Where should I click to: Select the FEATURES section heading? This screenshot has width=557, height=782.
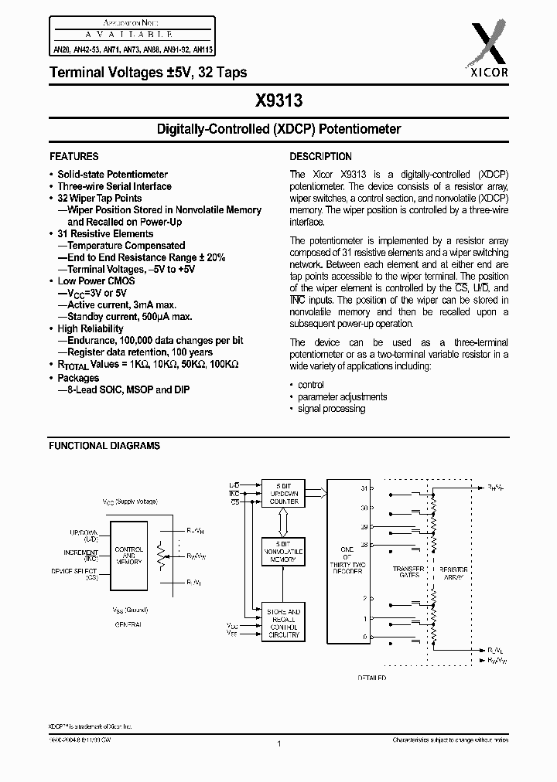pos(74,156)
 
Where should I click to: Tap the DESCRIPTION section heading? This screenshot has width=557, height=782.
pos(320,156)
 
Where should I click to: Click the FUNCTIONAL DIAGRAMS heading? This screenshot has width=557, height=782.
pos(104,446)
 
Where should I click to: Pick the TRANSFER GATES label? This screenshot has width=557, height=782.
pos(408,572)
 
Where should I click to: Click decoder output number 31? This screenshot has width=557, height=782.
pos(364,488)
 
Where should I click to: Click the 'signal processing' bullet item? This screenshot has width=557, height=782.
pos(331,409)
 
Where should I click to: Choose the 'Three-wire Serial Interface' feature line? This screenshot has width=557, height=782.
pos(114,186)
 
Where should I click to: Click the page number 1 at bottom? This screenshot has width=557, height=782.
pos(278,743)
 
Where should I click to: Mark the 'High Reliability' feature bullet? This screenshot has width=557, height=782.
pos(91,328)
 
